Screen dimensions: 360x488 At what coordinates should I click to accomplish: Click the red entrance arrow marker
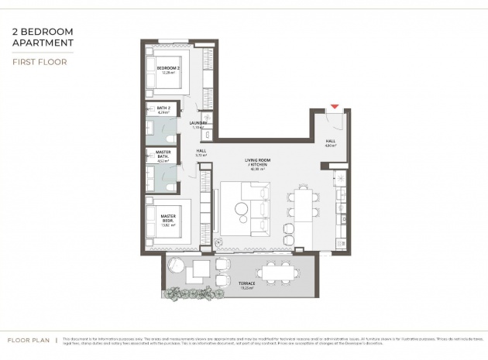click(335, 107)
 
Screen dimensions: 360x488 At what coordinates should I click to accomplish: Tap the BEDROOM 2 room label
click(168, 70)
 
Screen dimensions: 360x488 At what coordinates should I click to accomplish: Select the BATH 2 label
click(163, 110)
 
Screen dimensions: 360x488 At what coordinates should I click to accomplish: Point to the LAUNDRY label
click(198, 125)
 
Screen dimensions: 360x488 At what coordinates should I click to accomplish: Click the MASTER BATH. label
click(163, 155)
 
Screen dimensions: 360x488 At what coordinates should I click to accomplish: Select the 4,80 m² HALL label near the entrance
click(329, 142)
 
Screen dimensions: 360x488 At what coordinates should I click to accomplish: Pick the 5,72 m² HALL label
click(201, 153)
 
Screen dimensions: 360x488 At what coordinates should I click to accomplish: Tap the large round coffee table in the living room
click(243, 208)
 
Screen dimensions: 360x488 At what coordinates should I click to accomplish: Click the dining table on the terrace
click(277, 272)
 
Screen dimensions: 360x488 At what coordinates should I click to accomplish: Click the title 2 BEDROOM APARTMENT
click(43, 38)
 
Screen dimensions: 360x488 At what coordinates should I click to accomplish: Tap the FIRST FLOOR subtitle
click(39, 61)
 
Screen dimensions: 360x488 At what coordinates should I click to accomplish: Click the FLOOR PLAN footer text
click(29, 340)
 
